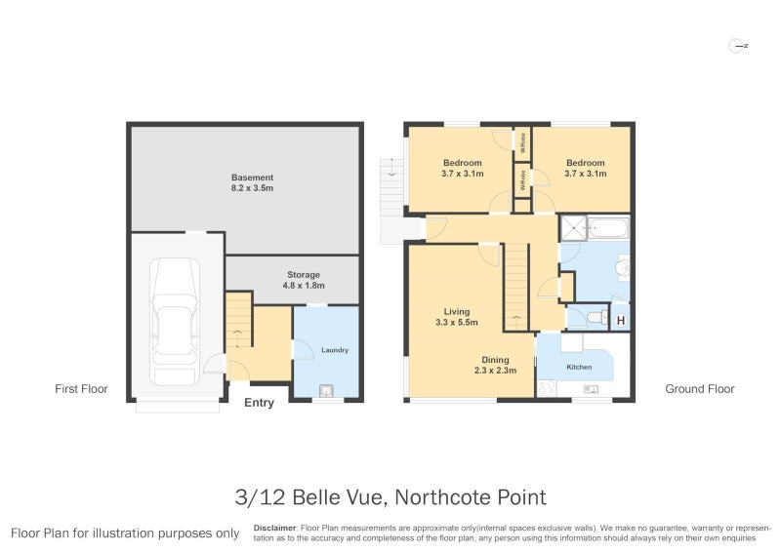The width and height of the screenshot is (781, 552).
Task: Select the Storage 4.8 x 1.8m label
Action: (303, 280)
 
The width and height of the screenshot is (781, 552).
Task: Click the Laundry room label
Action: (334, 350)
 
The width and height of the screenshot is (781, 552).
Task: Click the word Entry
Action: (259, 403)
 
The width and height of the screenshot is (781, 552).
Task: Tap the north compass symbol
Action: (738, 45)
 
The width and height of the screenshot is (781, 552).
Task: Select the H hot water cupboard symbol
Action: (620, 318)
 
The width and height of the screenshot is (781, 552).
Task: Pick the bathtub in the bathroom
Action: (610, 230)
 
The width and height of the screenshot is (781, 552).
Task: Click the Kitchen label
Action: (581, 368)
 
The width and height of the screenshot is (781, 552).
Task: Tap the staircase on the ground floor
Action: (515, 287)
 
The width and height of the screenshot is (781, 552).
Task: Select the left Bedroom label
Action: (462, 168)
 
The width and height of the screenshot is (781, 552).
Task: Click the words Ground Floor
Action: (699, 389)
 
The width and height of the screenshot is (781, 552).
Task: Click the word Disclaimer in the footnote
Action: (274, 528)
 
